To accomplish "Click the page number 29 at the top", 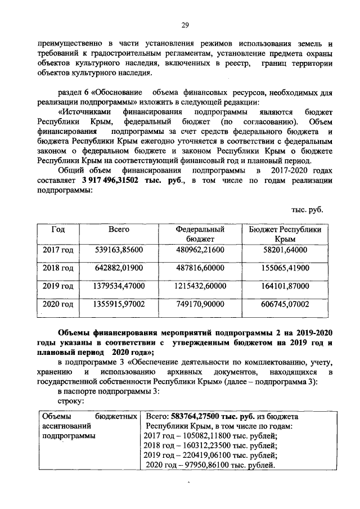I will point(184,24).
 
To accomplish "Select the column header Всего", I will point(119,229).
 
